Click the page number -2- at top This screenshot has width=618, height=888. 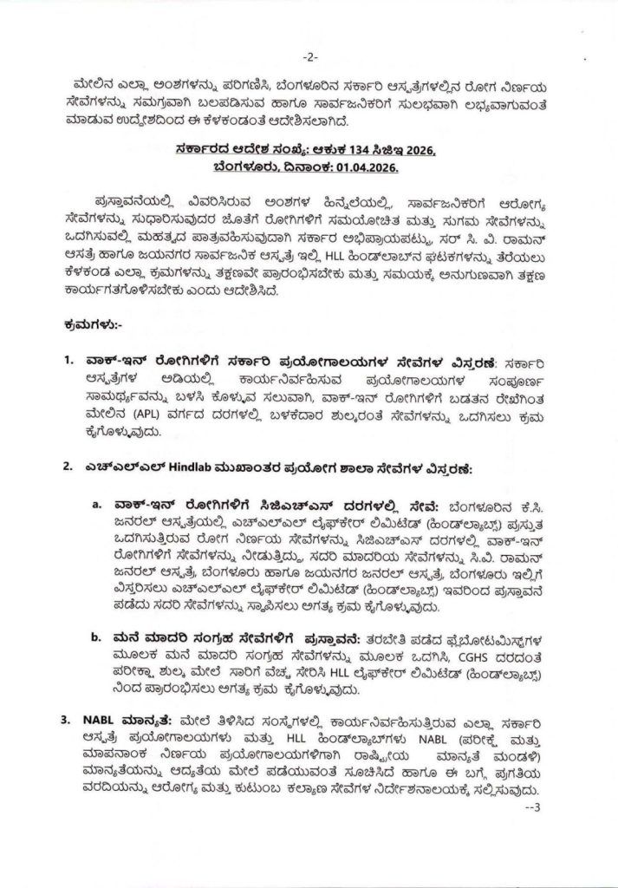tap(310, 57)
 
